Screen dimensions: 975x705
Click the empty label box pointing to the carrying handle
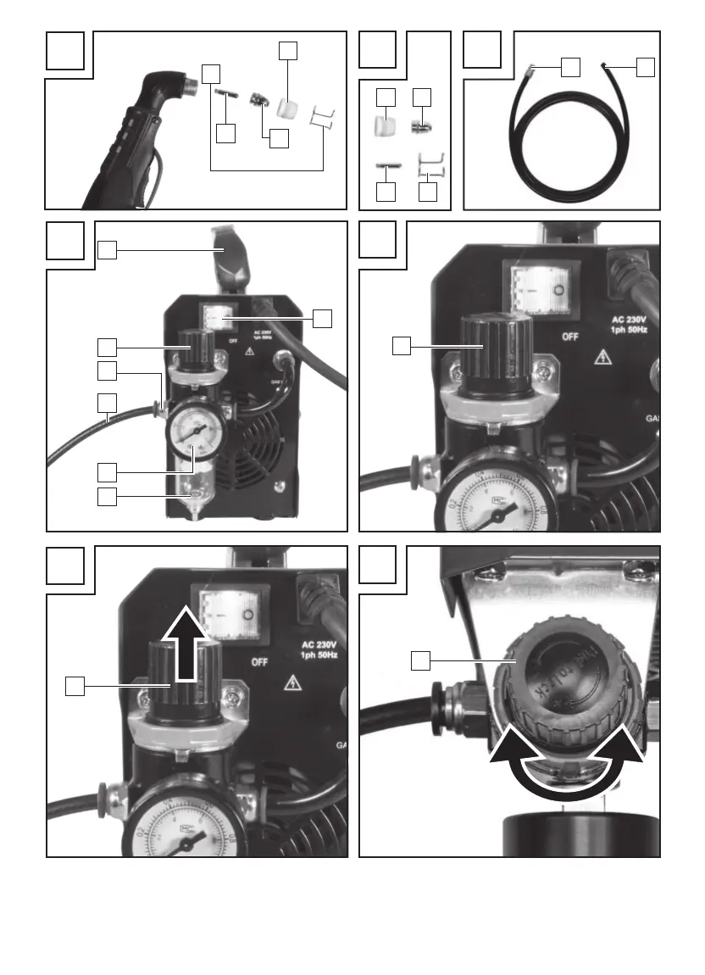tap(107, 249)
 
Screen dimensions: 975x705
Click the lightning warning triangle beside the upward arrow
tap(293, 680)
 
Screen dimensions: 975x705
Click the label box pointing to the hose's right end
tap(647, 66)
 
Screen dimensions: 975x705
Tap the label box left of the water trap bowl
tap(107, 496)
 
